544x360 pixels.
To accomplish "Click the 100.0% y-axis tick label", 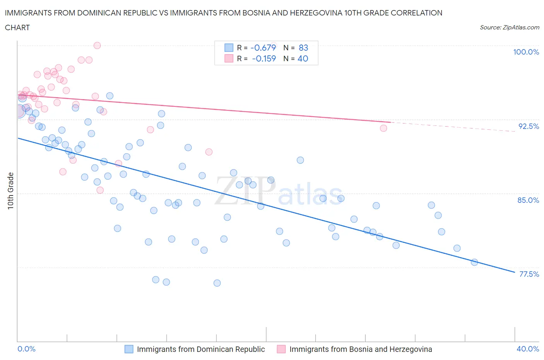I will coord(526,52).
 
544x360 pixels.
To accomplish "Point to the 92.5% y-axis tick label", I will coord(529,126).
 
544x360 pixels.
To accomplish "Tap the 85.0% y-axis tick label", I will coord(528,200).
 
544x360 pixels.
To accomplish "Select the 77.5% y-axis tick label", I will coord(529,274).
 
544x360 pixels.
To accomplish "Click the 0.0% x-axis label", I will coord(26,349).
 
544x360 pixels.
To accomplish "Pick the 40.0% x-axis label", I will coord(528,349).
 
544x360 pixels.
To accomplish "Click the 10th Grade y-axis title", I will coord(11,191).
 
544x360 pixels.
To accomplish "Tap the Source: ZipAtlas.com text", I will coord(509,27).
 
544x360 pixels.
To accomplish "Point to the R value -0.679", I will coord(263,48).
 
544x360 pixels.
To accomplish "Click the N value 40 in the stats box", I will coord(303,58).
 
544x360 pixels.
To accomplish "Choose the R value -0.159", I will coord(264,58).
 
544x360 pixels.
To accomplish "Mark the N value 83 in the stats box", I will coord(303,48).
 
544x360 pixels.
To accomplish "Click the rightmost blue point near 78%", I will coord(474,262).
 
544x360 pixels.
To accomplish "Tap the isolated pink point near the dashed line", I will coord(383,128).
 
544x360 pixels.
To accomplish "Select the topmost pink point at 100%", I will coord(97,46).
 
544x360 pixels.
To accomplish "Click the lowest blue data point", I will coord(217,283).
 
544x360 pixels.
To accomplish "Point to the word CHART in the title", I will coord(17,27).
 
